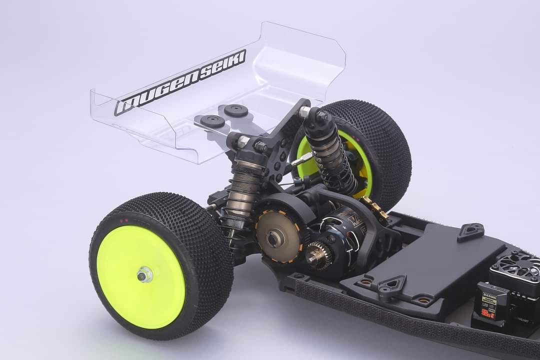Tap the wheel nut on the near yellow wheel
(x=145, y=274)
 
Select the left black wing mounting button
(x=212, y=120)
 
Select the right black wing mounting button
(x=235, y=110)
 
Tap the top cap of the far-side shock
(x=314, y=117)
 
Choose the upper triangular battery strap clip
(x=470, y=231)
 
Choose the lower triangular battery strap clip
(x=392, y=286)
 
